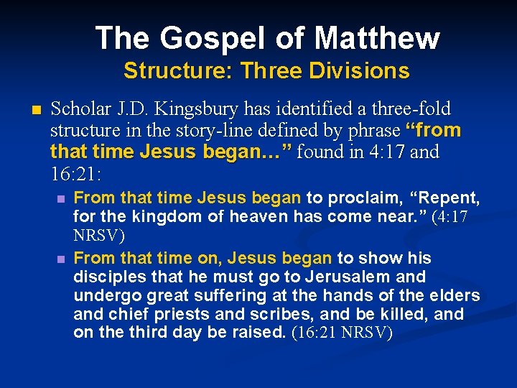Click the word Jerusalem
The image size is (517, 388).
click(x=340, y=277)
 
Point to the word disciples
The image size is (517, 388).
click(x=105, y=277)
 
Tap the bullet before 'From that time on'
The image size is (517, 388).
click(x=62, y=258)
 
